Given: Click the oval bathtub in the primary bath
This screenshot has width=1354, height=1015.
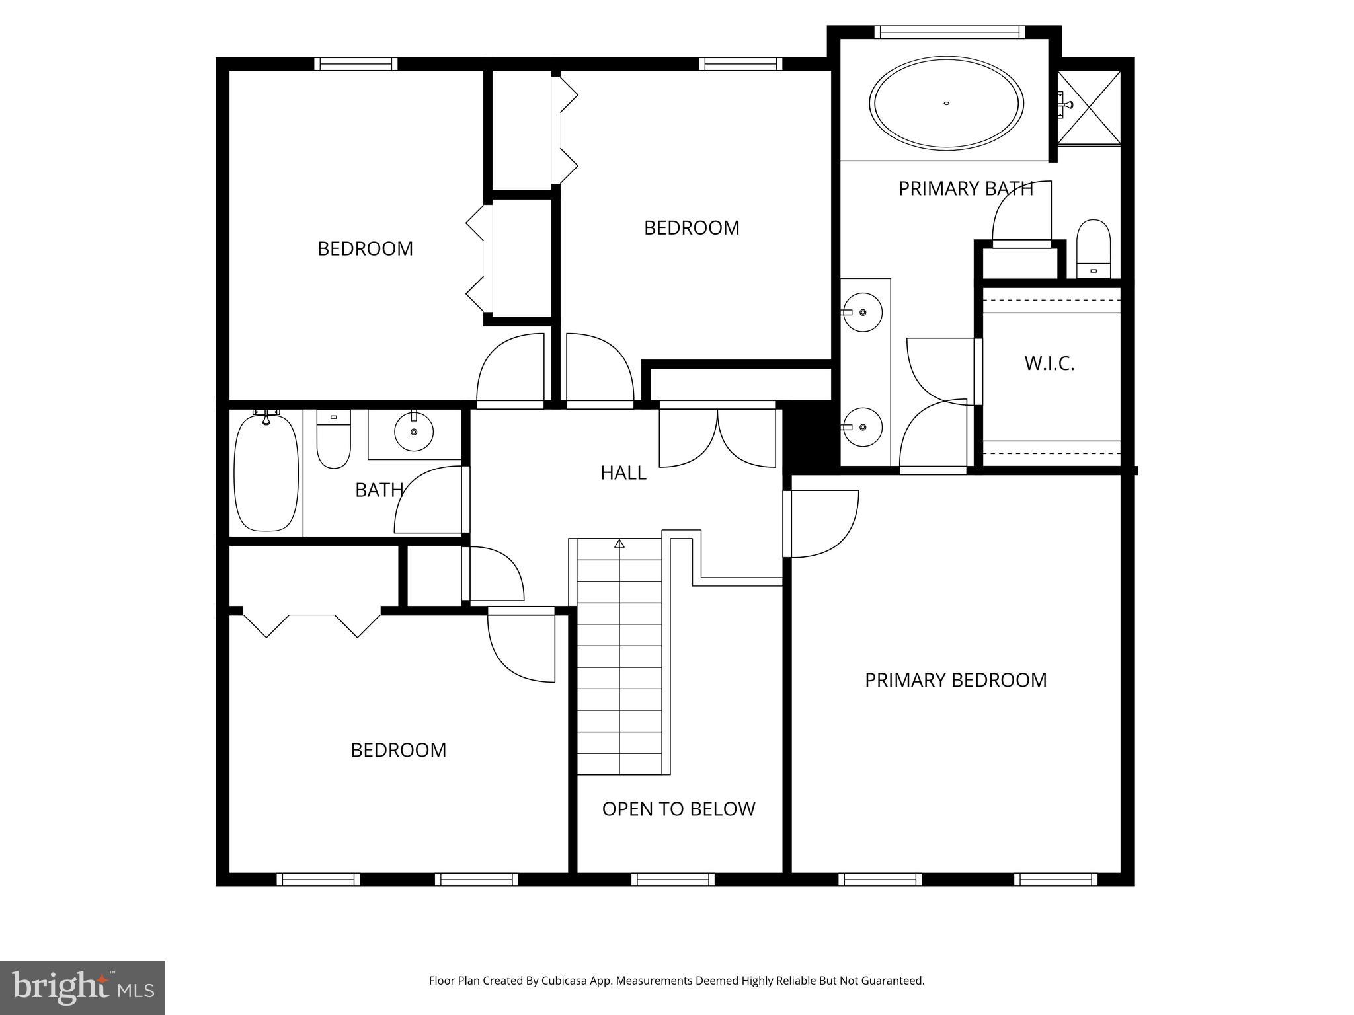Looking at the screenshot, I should [946, 103].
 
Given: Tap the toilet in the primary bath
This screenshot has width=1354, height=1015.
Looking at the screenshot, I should [1094, 249].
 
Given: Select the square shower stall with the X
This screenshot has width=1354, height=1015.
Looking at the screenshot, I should [1089, 107].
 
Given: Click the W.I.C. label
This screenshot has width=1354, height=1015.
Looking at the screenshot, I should [1049, 363].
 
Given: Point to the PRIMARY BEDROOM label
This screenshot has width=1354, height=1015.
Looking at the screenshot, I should [955, 680].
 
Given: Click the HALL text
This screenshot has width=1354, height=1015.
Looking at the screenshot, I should [623, 472].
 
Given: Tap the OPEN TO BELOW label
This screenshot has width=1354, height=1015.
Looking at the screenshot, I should [678, 809].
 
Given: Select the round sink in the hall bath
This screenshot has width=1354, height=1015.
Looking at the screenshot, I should [414, 432].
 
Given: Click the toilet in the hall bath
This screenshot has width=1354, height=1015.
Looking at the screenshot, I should [333, 439].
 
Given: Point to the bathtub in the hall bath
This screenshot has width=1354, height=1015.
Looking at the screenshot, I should [266, 472].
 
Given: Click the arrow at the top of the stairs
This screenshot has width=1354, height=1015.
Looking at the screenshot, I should [619, 544].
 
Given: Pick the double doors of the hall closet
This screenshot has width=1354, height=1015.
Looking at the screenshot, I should [717, 437].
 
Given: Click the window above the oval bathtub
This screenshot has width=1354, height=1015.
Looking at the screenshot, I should [949, 32].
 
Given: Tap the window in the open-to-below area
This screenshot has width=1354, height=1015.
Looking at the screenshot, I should [672, 880].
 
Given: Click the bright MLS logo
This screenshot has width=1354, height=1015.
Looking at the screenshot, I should [83, 987].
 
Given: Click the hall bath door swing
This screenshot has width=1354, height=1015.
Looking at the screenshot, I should [428, 500].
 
